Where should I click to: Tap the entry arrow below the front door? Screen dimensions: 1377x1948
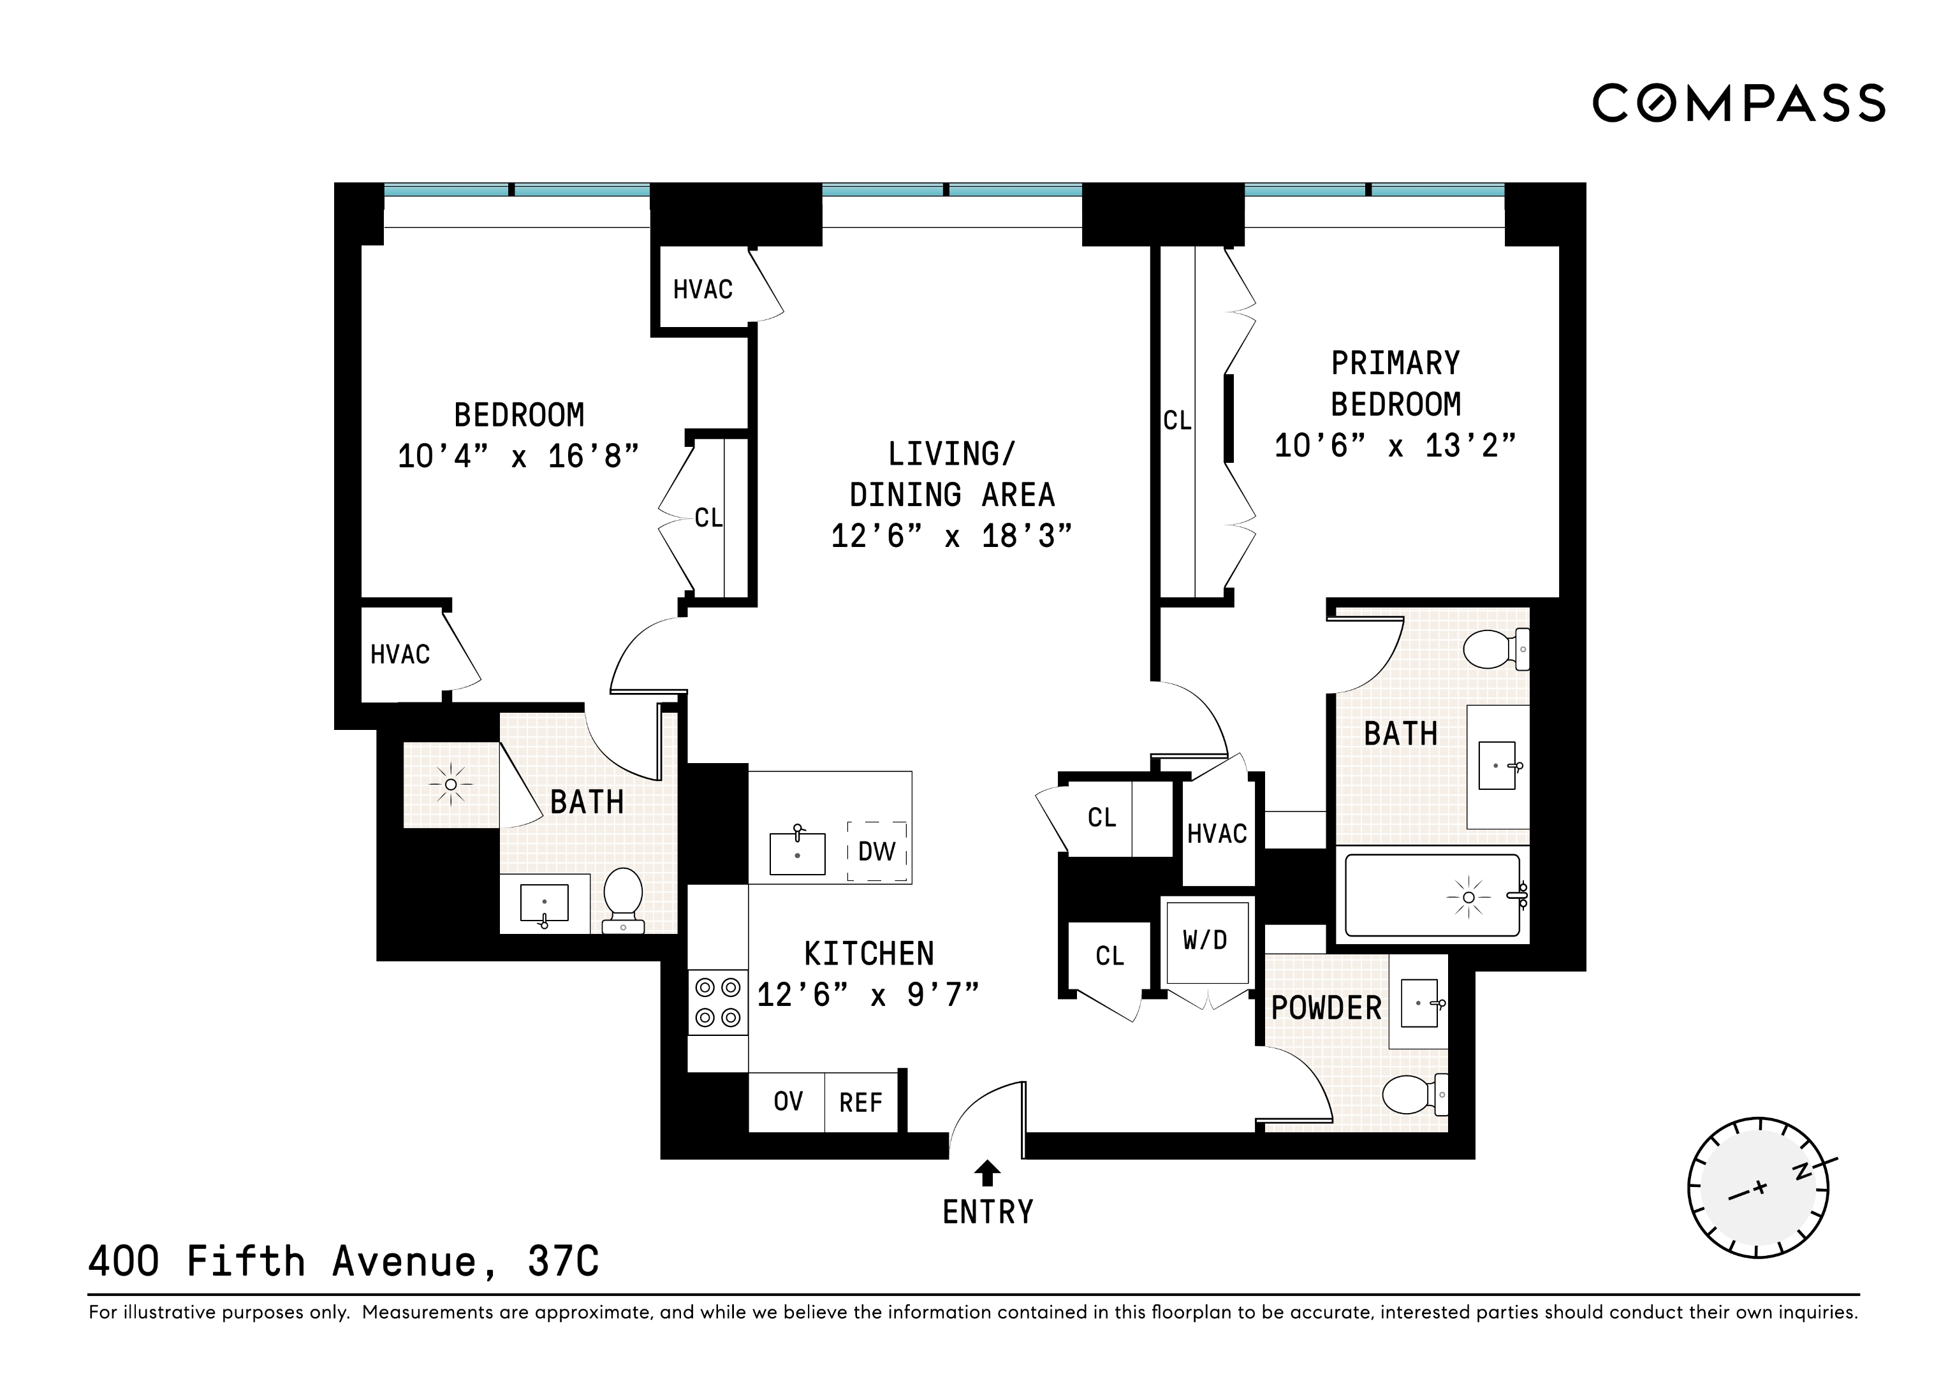(x=986, y=1174)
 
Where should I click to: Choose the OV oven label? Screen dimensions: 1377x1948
(x=787, y=1101)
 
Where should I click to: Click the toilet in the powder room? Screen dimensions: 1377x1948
(x=1412, y=1095)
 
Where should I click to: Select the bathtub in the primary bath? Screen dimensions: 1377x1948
(x=1432, y=896)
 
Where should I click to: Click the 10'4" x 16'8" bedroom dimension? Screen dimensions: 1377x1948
(x=518, y=456)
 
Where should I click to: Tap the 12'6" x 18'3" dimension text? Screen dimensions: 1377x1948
(x=951, y=536)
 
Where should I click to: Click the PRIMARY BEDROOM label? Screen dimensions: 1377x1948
(x=1396, y=384)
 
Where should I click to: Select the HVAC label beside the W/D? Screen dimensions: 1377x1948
(x=1217, y=834)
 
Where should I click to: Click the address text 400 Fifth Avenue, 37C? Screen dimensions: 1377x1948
(x=344, y=1262)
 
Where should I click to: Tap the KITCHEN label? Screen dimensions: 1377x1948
(x=869, y=954)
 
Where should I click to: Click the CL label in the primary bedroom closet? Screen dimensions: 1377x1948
(x=1177, y=421)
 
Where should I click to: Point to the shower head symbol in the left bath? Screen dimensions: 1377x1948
(x=451, y=785)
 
